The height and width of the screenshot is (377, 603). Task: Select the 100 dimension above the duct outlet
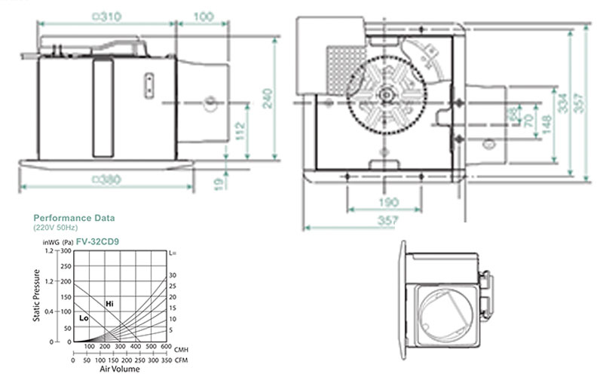tap(203, 17)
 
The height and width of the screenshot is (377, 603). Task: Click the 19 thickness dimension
tap(218, 182)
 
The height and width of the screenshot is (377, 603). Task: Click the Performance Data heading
tap(74, 218)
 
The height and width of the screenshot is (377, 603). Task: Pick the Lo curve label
tap(84, 319)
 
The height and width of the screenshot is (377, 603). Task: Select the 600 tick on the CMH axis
tap(164, 347)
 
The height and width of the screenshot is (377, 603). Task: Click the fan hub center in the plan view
tap(386, 94)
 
